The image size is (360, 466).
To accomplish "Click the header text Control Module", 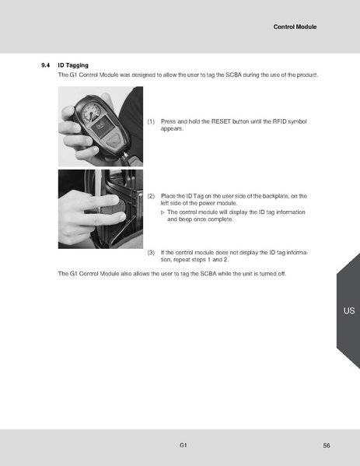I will point(295,27).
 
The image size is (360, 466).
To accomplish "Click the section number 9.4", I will point(45,65).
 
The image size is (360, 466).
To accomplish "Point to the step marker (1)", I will point(151,122).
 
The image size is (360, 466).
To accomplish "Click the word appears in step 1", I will point(172,129).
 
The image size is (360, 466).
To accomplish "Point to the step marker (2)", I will point(151,197).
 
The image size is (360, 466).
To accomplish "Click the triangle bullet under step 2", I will point(163,212).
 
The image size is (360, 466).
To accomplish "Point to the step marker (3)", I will point(151,253).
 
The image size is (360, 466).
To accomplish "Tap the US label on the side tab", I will point(348,310).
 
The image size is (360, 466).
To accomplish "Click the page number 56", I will point(327,445).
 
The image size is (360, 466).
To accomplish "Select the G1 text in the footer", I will point(182,444).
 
